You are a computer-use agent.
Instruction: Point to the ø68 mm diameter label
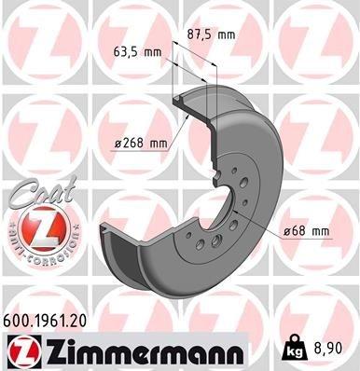(x=309, y=230)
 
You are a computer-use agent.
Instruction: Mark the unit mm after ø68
(x=321, y=230)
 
